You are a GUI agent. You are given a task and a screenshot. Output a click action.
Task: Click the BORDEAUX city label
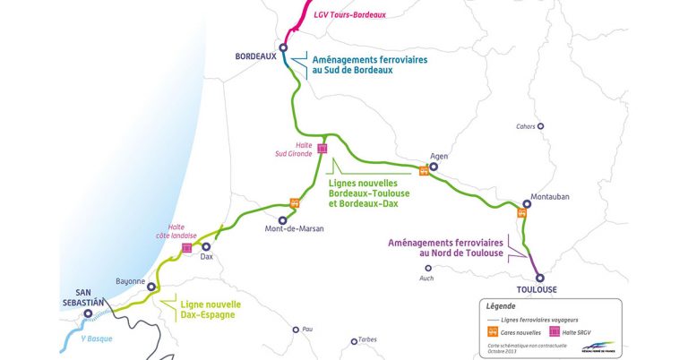click(254, 56)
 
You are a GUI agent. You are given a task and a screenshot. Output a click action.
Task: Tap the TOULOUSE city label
click(537, 289)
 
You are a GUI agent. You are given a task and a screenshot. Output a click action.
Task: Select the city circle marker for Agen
click(434, 167)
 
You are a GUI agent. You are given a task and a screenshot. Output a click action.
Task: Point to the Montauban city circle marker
click(527, 203)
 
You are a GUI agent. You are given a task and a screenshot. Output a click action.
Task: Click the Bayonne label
click(130, 281)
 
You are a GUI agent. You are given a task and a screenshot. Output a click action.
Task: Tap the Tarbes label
click(367, 339)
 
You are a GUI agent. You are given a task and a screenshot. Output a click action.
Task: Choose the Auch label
click(426, 278)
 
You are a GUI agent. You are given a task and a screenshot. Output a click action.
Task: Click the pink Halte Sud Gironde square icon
click(322, 149)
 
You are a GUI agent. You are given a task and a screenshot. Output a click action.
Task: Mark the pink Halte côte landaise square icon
click(187, 248)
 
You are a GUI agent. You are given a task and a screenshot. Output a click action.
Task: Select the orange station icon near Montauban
click(521, 214)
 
